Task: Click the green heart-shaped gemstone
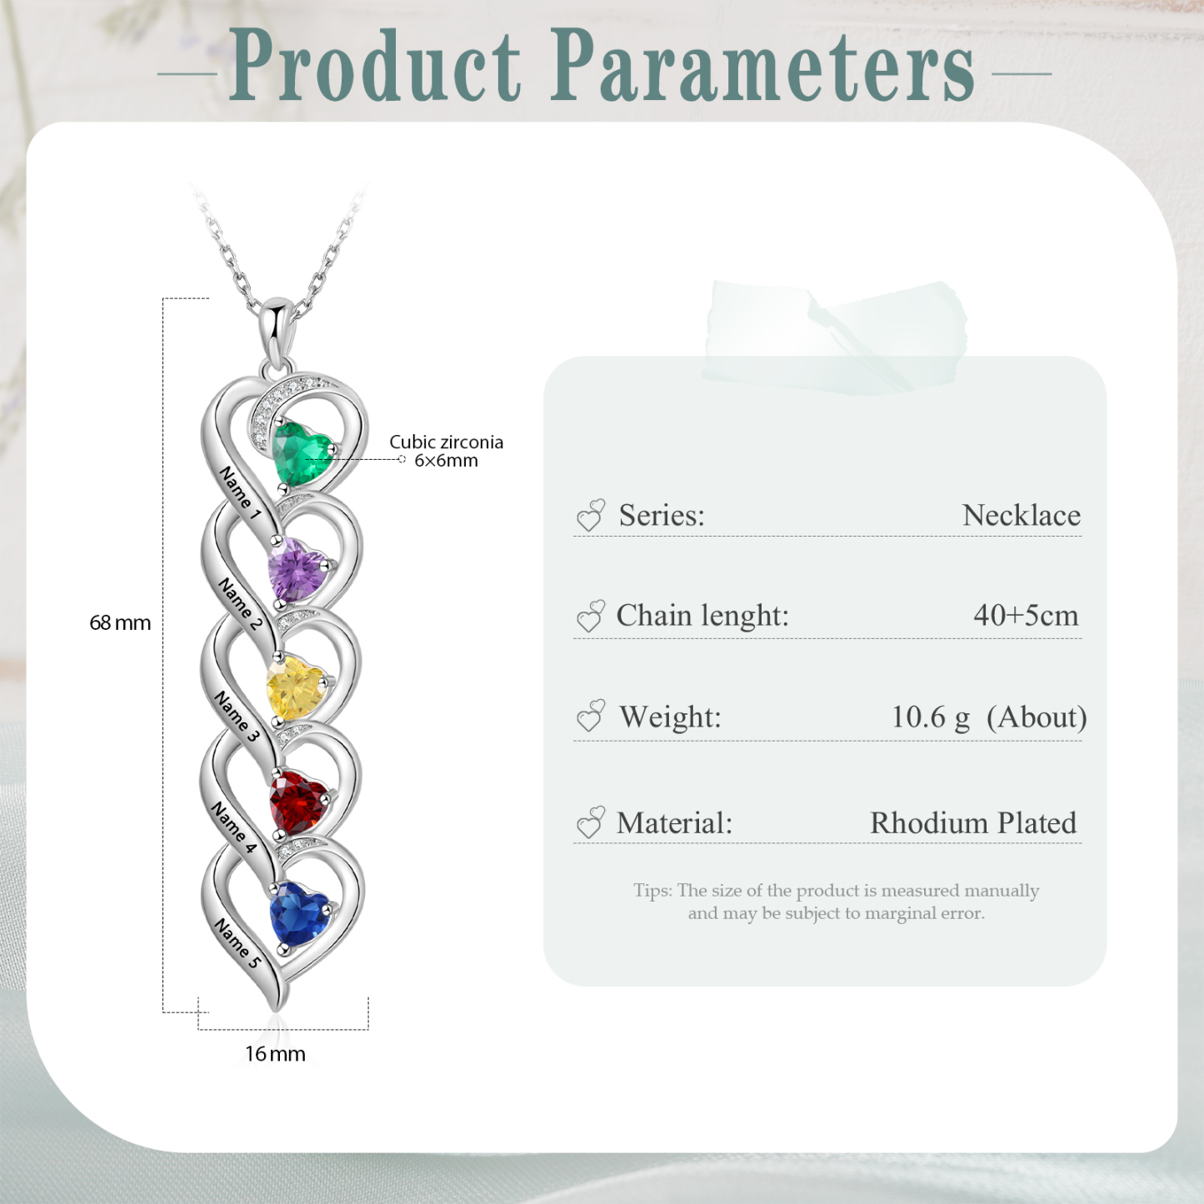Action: tap(301, 452)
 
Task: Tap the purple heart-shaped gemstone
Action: tap(297, 569)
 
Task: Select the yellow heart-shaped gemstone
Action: tap(296, 687)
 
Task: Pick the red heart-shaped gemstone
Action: tap(297, 802)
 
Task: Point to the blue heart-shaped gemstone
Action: tap(298, 914)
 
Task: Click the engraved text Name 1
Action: tap(240, 492)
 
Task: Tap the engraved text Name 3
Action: tap(237, 716)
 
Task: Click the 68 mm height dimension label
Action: tap(120, 622)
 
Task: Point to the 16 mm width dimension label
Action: tap(275, 1054)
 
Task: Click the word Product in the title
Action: tap(375, 67)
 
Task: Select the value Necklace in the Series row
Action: tap(1021, 516)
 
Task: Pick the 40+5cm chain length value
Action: tap(1026, 616)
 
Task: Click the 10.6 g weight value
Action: tap(930, 717)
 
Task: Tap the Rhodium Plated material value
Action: tap(973, 823)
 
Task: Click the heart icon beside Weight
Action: tap(591, 717)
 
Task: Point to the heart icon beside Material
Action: tap(591, 822)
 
